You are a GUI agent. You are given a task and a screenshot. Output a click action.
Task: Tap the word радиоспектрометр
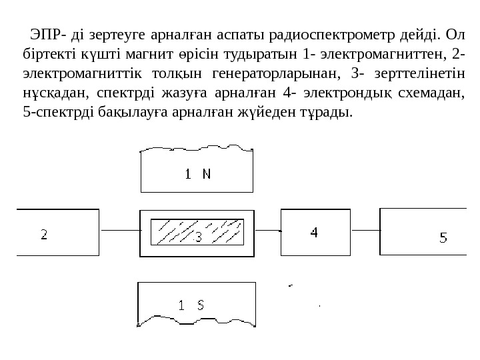coord(343,34)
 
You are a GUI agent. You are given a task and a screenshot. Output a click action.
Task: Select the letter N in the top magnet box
coord(206,174)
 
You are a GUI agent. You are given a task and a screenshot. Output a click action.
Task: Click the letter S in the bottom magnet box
coord(199,306)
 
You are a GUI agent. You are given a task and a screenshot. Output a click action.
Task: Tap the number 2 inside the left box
coord(44,235)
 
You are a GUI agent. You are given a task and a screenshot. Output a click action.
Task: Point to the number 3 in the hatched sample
coord(197,236)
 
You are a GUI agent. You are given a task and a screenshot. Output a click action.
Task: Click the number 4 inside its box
coord(313,233)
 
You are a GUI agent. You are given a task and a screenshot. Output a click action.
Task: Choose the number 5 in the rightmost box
coord(443,237)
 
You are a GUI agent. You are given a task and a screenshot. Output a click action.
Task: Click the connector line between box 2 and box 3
coord(119,231)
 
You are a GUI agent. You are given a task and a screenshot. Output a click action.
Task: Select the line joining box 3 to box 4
coord(267,231)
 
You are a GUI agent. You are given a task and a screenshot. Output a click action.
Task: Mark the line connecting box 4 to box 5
coord(364,231)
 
